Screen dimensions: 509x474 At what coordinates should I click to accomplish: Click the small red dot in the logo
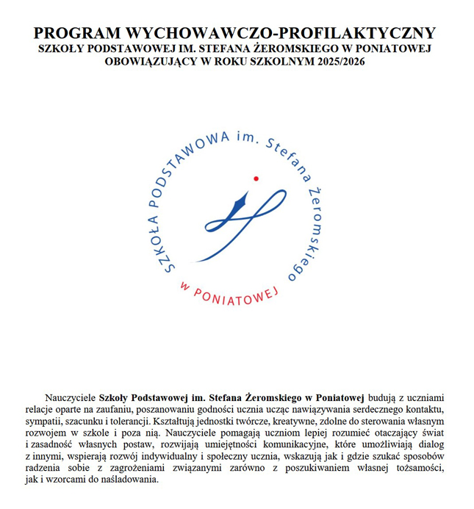tap(255, 178)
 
